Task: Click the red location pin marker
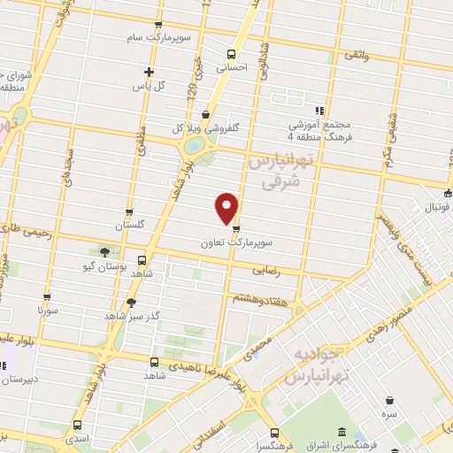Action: [227, 208]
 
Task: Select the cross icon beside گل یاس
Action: [149, 73]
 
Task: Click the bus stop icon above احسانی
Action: [231, 52]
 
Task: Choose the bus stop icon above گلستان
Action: [129, 212]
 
